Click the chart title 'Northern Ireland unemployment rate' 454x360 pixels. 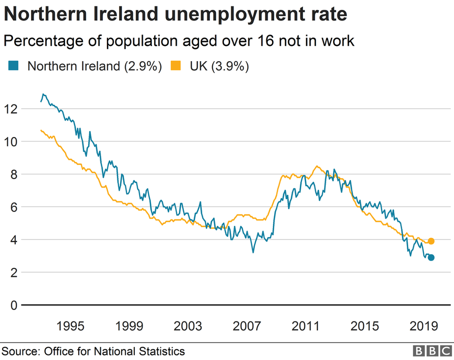click(176, 15)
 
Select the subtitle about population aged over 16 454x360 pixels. click(179, 41)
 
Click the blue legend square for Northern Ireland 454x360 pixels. click(13, 66)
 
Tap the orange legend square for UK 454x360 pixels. click(176, 66)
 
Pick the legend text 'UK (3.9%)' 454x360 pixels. click(219, 66)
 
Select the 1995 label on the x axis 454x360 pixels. click(71, 326)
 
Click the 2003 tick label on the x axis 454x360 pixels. click(188, 326)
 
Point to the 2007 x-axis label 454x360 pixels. click(247, 326)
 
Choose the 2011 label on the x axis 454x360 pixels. click(306, 326)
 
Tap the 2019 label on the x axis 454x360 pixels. click(423, 326)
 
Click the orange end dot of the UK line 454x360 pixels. click(431, 241)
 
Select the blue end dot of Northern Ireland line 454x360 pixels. click(431, 257)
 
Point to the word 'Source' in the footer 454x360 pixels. click(19, 351)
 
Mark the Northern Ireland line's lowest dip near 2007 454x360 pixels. click(253, 252)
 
